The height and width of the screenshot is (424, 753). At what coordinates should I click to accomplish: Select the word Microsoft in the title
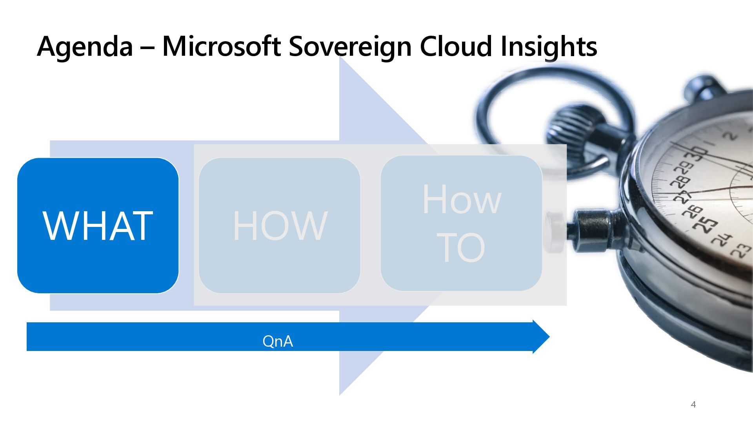pyautogui.click(x=221, y=46)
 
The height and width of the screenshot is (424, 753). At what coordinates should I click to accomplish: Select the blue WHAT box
pyautogui.click(x=98, y=225)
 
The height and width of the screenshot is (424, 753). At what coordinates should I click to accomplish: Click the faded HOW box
pyautogui.click(x=280, y=225)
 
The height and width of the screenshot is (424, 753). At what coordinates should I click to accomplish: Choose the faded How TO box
pyautogui.click(x=461, y=223)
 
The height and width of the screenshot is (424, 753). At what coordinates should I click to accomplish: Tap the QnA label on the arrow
pyautogui.click(x=278, y=341)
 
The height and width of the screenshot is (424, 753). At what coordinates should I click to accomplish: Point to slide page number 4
pyautogui.click(x=693, y=404)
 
